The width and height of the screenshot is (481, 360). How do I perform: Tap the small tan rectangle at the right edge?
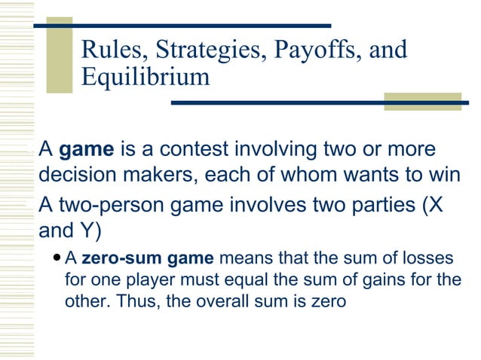422,102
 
